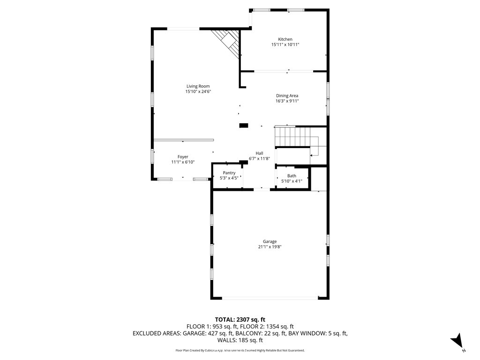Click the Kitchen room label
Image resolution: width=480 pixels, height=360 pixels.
285,39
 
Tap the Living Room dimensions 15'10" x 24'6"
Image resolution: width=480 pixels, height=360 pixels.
198,92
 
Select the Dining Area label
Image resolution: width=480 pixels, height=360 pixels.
287,96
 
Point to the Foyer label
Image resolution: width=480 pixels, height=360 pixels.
183,157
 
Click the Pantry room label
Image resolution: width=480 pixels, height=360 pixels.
229,173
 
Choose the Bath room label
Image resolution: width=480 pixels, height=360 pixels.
292,176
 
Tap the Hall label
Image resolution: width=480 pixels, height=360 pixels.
259,153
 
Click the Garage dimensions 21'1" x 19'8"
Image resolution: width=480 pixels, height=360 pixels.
270,247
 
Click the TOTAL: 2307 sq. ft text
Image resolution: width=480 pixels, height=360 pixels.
240,319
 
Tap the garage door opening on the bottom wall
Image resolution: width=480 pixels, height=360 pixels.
270,298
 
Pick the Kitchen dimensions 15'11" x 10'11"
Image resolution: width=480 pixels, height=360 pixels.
285,45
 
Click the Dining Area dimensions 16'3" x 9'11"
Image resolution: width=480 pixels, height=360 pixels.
287,101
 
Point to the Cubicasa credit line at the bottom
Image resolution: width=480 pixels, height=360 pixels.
240,350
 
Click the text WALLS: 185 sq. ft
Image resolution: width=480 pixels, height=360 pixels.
240,340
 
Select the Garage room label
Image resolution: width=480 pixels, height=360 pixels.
270,241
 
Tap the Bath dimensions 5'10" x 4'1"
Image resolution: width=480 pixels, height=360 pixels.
292,181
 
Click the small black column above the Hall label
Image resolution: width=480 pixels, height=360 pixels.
243,125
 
